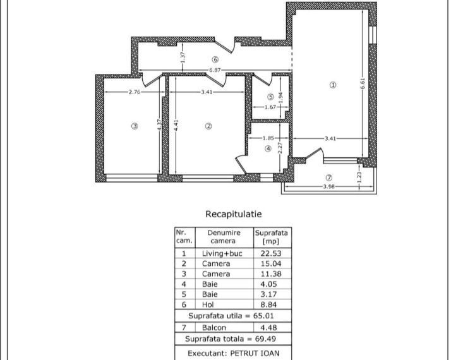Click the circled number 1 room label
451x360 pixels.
[333, 85]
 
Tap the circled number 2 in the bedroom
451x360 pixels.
[208, 126]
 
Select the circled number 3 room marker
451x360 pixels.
[134, 126]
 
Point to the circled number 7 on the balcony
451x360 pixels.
[328, 177]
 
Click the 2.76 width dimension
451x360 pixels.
[134, 92]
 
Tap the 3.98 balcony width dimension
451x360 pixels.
[328, 186]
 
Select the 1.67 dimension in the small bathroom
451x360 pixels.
[270, 107]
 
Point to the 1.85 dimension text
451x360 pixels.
[268, 138]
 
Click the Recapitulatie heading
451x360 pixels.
[233, 214]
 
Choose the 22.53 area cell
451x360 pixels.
[272, 253]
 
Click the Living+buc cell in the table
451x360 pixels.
[222, 253]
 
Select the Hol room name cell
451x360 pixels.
[215, 304]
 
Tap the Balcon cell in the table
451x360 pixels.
[215, 327]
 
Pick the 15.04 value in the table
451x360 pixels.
[272, 263]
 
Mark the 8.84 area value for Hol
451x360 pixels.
[272, 304]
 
